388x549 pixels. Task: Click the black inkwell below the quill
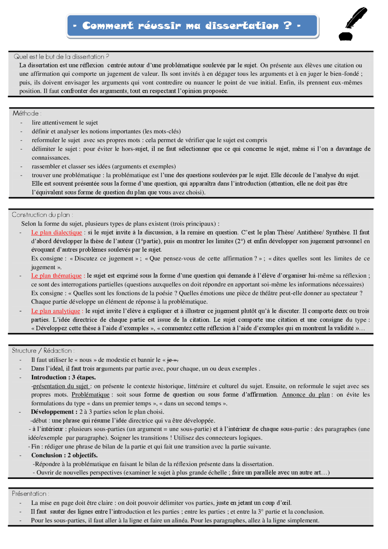pos(346,36)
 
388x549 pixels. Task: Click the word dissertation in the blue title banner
pos(242,26)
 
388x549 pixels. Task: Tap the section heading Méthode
pos(26,113)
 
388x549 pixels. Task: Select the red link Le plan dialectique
pos(56,233)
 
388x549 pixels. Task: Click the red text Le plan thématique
pos(56,276)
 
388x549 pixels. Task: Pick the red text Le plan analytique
pos(55,311)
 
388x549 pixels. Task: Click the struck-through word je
pos(169,360)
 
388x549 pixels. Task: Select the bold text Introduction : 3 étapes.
pos(63,377)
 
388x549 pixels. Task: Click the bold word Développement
pos(52,412)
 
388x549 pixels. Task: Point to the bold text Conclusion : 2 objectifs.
pos(64,455)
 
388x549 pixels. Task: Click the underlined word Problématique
pos(90,395)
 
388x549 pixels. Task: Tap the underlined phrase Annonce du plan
pos(306,395)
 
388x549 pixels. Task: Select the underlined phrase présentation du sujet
pos(61,386)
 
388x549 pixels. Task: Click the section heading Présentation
pos(29,494)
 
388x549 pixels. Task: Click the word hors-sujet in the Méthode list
pos(135,149)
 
